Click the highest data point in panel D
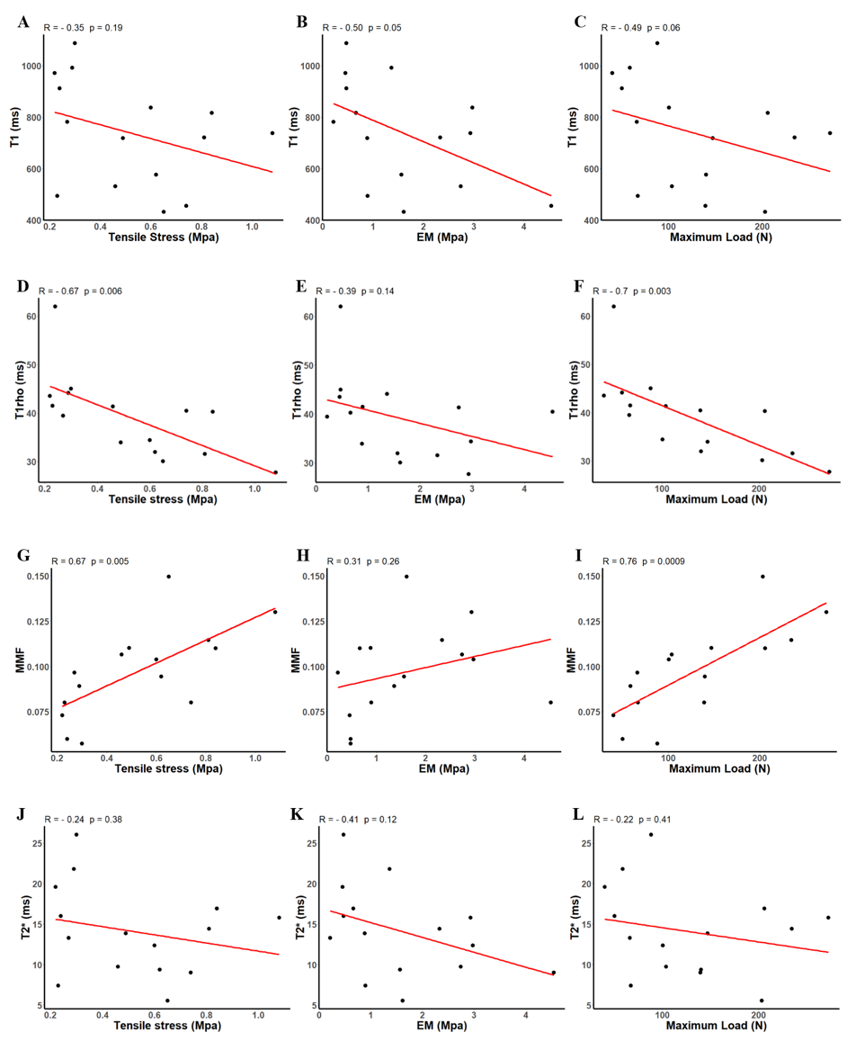click(55, 307)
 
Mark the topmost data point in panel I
click(762, 577)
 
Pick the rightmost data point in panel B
click(551, 206)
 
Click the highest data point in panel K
click(343, 835)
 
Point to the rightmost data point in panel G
click(275, 612)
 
